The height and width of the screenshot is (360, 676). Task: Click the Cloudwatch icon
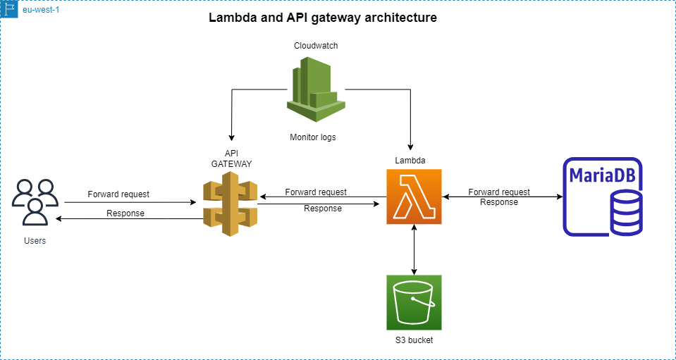[x=315, y=90]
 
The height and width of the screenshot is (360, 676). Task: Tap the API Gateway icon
[x=230, y=208]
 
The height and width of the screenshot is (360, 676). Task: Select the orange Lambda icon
[x=414, y=197]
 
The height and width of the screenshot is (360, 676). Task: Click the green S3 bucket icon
[x=414, y=302]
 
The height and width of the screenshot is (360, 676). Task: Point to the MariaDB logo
[x=603, y=197]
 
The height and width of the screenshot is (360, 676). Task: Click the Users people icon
[x=35, y=202]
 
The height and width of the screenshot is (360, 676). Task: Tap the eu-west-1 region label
[x=41, y=11]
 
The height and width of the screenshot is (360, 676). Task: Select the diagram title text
[x=323, y=18]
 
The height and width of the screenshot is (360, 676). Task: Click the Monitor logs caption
[x=313, y=137]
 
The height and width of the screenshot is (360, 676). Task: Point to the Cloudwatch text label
[x=315, y=46]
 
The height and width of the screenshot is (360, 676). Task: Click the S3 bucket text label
[x=414, y=340]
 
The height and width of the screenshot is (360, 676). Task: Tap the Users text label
[x=34, y=241]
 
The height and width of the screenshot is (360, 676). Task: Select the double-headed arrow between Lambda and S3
[x=414, y=250]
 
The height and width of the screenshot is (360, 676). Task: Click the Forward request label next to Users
[x=118, y=194]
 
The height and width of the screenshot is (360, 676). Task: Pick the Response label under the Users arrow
[x=125, y=213]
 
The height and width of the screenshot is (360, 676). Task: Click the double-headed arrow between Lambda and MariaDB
[x=502, y=197]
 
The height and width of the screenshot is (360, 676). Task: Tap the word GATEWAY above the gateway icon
[x=231, y=163]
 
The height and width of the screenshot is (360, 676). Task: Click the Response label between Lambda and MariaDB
[x=499, y=202]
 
